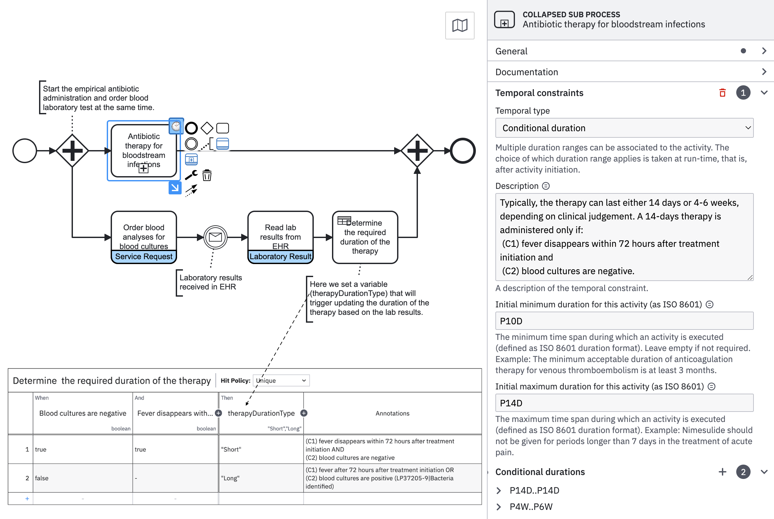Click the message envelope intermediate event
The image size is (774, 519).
(x=215, y=237)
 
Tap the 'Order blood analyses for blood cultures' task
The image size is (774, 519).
(x=144, y=237)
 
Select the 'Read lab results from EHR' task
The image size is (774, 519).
(x=280, y=237)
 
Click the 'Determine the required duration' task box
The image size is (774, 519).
(x=365, y=237)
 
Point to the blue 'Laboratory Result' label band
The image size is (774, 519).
(x=280, y=257)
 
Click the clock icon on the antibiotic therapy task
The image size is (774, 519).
(x=176, y=126)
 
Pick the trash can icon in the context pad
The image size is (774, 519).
(x=207, y=175)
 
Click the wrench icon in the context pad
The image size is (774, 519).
(x=191, y=175)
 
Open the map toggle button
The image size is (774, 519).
(x=460, y=25)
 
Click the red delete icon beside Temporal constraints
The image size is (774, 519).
(x=722, y=93)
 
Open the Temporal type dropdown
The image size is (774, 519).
(x=624, y=128)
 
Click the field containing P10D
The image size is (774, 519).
(x=624, y=321)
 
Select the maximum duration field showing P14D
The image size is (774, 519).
(x=624, y=403)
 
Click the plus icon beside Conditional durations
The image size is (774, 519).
(x=722, y=472)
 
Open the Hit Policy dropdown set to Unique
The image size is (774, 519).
(x=281, y=381)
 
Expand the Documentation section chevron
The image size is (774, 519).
(x=764, y=72)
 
